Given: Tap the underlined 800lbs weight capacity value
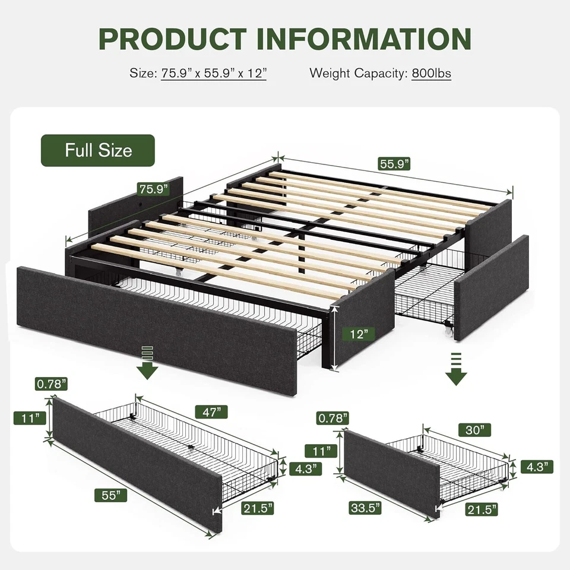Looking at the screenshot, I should point(431,74).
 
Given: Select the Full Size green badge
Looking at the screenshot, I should point(98,150).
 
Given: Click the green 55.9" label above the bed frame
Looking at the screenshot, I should point(394,164).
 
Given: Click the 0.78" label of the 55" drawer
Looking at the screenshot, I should point(50,384).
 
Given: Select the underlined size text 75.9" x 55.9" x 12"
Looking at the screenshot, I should point(214,74).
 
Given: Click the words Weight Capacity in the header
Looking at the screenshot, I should point(357,74).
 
